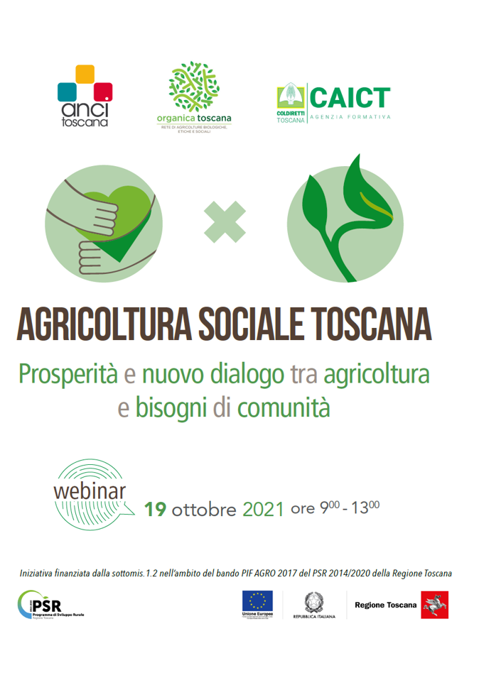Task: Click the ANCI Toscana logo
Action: (x=84, y=95)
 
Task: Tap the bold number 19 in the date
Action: (x=156, y=509)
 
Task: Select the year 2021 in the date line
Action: (x=264, y=509)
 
